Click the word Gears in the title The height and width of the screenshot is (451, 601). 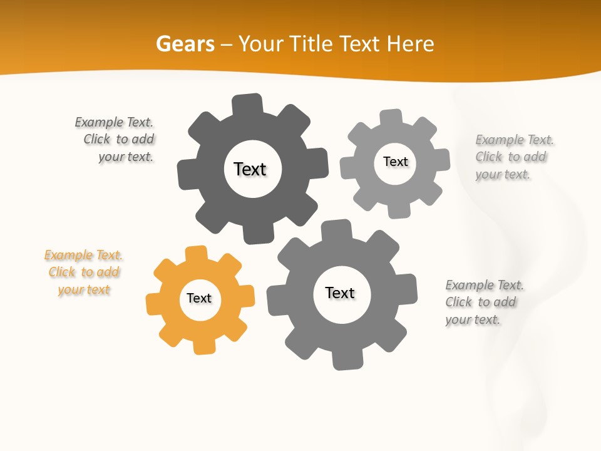point(185,44)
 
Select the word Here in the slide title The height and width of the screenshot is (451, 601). point(410,44)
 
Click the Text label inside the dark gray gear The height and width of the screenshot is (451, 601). point(250,169)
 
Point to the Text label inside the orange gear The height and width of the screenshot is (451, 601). point(199,298)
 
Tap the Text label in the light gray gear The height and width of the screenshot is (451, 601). point(395,162)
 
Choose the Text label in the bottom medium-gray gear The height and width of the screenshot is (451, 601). point(340,293)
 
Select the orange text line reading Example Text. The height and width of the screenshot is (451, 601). point(83,255)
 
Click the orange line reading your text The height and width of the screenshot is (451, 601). point(84,289)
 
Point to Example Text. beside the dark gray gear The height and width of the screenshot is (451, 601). point(114,122)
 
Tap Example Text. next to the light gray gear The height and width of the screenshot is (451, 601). point(515,140)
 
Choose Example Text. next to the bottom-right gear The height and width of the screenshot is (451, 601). point(485,285)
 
